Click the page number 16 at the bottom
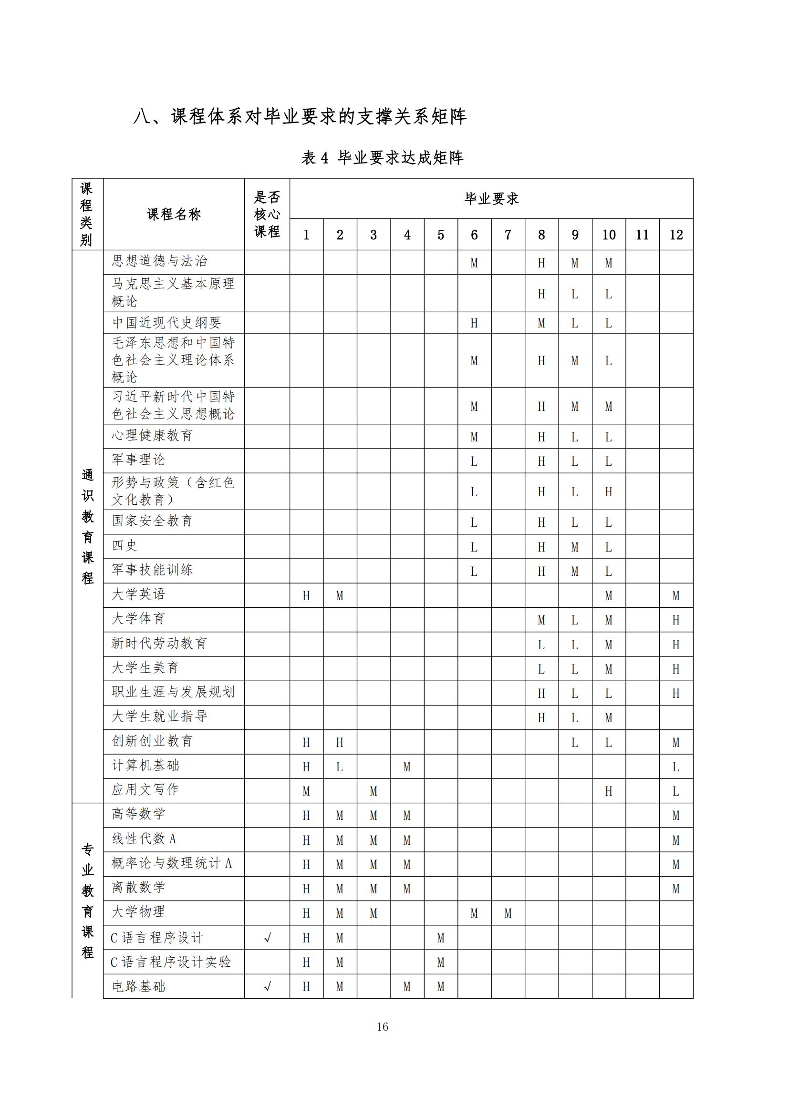click(x=383, y=1026)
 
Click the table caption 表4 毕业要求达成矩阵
click(x=383, y=157)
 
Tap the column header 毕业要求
click(x=491, y=199)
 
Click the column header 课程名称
click(x=174, y=214)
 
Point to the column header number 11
click(x=642, y=235)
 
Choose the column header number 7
click(x=508, y=235)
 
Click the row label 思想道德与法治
click(x=159, y=261)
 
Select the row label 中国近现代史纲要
click(x=166, y=322)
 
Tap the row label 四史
click(x=125, y=545)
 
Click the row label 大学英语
click(x=138, y=594)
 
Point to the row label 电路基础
click(x=138, y=986)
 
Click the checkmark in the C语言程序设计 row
click(x=267, y=938)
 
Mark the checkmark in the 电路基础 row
click(x=267, y=986)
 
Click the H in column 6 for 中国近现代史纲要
click(x=474, y=323)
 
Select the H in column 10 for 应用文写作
click(x=609, y=791)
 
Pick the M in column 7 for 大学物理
click(x=508, y=913)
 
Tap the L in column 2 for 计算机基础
click(x=340, y=767)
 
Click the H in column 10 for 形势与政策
click(x=609, y=492)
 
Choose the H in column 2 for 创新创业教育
click(x=340, y=743)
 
